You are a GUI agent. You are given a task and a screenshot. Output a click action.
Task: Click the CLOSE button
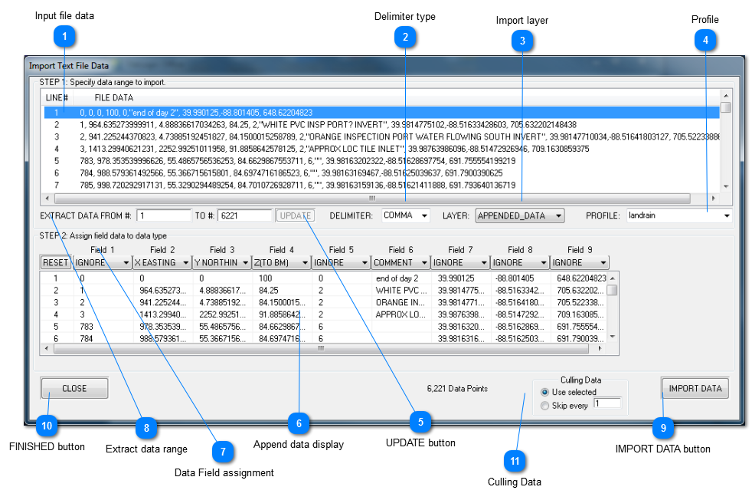point(74,389)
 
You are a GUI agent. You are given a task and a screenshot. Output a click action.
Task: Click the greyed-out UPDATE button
point(295,215)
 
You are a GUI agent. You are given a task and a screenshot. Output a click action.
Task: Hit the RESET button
point(55,262)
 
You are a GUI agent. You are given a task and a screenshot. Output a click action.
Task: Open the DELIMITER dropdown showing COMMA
point(406,215)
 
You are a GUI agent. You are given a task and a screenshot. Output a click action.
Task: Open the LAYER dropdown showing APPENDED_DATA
point(519,215)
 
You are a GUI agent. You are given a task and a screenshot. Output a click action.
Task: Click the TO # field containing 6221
point(244,215)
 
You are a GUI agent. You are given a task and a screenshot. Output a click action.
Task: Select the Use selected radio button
point(545,393)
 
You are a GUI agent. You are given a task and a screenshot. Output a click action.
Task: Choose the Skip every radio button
point(545,406)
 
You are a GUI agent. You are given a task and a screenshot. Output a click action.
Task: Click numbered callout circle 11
point(515,460)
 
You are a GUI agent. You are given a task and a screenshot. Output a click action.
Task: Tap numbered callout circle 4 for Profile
point(705,41)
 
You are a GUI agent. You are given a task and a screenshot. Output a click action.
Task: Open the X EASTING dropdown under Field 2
point(162,262)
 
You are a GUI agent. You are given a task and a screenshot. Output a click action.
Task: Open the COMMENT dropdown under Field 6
point(401,262)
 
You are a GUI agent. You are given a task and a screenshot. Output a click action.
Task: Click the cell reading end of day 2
point(397,278)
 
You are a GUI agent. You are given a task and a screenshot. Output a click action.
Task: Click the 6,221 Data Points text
point(457,389)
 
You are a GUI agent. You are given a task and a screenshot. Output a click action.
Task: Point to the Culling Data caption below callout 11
point(515,482)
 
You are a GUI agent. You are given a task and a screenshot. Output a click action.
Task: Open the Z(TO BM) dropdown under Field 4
point(281,262)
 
